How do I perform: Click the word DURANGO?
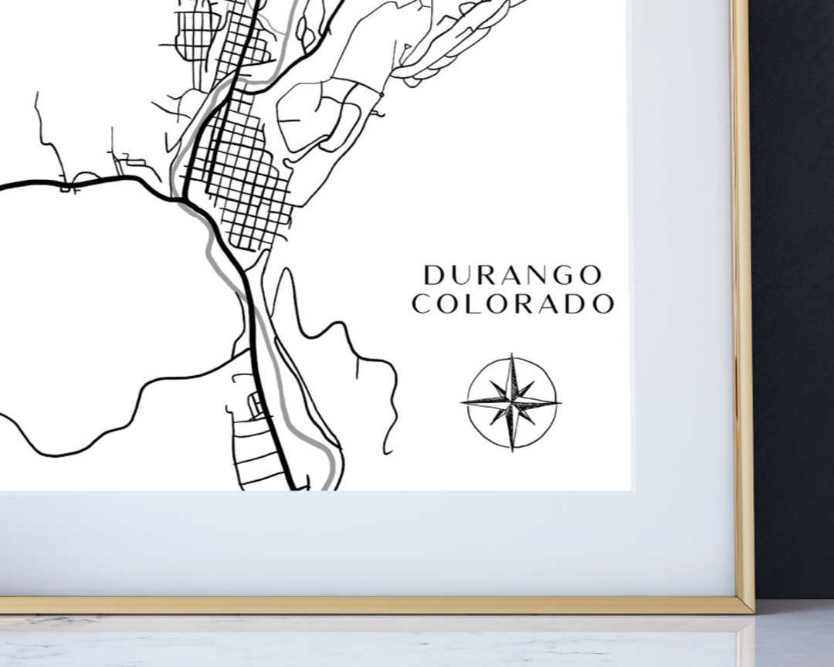(x=513, y=275)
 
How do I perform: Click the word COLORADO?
(x=513, y=304)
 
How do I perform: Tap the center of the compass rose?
(x=511, y=402)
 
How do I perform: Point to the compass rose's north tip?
(x=511, y=355)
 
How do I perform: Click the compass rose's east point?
(x=560, y=402)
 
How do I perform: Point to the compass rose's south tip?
(x=511, y=450)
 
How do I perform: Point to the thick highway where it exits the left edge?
(x=3, y=186)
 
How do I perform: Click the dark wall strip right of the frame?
(x=795, y=309)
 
